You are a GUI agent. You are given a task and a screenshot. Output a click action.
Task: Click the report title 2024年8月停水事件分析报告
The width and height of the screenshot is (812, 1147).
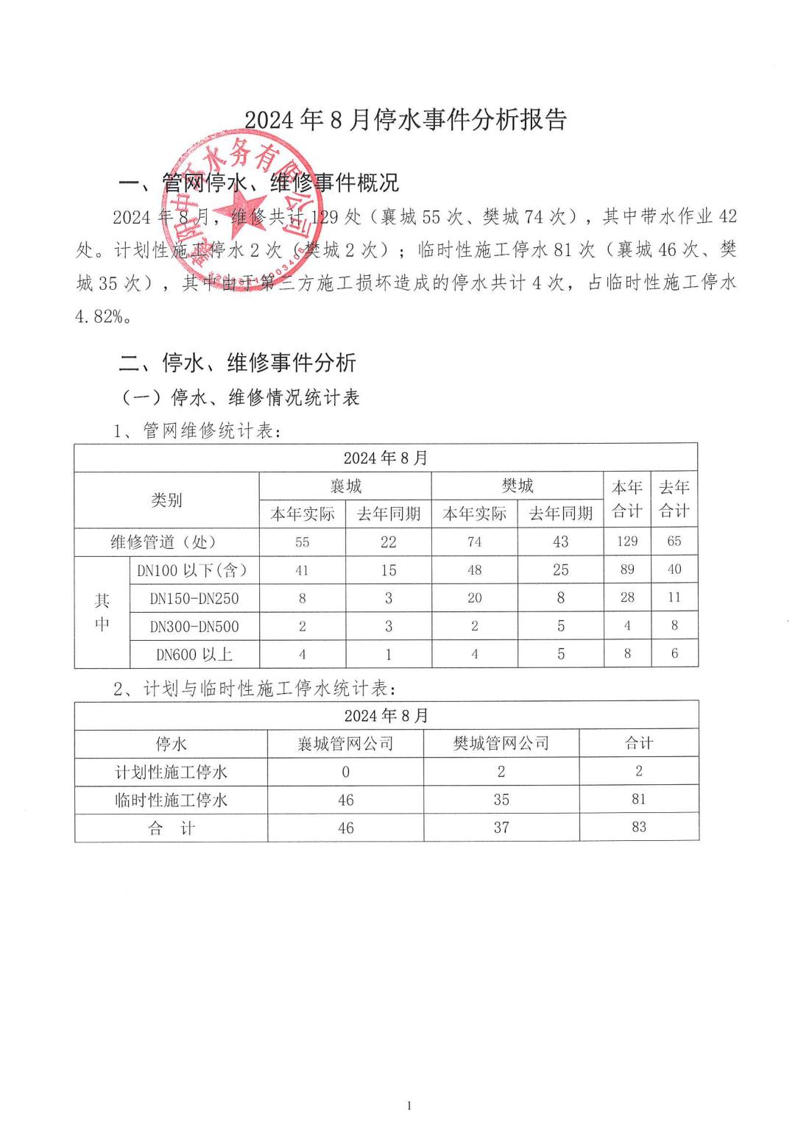(406, 120)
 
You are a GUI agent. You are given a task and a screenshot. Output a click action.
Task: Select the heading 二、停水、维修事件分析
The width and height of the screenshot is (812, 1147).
(238, 362)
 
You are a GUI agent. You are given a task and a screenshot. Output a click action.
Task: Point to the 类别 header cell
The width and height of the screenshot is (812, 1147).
(166, 500)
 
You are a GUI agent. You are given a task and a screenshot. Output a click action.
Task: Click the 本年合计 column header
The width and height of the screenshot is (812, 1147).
(627, 500)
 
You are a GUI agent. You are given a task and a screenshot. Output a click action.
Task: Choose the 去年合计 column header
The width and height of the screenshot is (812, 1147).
(674, 500)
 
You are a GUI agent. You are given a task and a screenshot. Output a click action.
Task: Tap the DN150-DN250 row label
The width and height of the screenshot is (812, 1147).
(194, 598)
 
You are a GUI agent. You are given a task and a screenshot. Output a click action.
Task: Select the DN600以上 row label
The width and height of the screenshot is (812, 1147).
(194, 654)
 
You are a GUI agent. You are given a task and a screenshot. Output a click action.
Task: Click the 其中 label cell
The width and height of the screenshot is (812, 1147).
(102, 612)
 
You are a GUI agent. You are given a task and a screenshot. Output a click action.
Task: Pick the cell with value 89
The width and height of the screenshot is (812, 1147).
(627, 569)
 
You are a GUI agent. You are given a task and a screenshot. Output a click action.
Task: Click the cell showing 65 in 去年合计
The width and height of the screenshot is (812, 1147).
(674, 541)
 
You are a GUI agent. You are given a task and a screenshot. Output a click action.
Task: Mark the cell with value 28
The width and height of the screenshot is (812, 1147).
(627, 597)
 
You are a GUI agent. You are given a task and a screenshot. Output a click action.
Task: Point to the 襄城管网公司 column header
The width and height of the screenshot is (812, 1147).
(345, 744)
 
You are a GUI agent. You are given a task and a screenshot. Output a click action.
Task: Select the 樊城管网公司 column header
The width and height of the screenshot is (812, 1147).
(501, 744)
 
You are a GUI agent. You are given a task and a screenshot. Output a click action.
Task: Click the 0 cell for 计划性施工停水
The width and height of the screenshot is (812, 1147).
(345, 772)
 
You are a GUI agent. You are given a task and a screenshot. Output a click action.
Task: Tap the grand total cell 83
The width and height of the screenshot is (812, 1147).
(638, 827)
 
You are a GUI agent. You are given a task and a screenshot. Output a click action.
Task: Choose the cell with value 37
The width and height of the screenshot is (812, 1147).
(501, 828)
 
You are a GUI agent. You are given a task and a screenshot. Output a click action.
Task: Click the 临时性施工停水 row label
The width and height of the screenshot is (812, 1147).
(171, 800)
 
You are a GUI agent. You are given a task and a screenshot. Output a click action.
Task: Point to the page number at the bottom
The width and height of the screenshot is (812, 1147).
(409, 1105)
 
